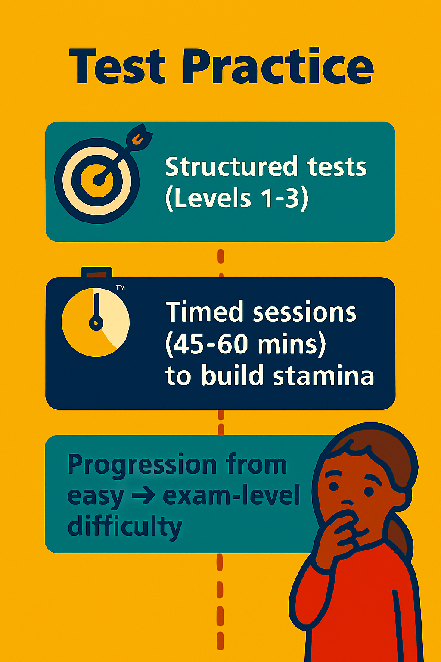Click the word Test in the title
tap(117, 66)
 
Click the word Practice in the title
tap(278, 66)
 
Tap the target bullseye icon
tap(97, 180)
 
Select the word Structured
tap(231, 166)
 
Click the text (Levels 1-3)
tap(237, 199)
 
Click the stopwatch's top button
tap(96, 272)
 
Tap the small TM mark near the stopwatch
tap(120, 287)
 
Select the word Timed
tap(204, 311)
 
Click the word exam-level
tap(231, 495)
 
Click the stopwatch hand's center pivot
tap(96, 323)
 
